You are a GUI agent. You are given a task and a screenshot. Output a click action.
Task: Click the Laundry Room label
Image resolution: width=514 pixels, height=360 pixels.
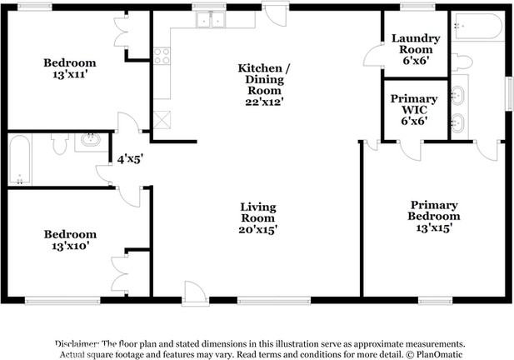coord(416,44)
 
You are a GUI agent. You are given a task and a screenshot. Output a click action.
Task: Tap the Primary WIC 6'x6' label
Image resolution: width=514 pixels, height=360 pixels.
coord(414,110)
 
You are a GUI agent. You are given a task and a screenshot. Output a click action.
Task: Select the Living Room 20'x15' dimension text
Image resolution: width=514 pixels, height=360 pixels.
coord(258,230)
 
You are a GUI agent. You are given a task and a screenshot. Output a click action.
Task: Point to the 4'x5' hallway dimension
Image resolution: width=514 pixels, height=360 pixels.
coord(130,159)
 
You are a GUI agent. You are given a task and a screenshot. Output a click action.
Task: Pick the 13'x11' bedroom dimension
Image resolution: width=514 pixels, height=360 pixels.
coord(69,74)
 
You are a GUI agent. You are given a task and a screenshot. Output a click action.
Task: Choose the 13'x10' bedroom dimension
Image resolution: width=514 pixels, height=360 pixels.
coord(70,246)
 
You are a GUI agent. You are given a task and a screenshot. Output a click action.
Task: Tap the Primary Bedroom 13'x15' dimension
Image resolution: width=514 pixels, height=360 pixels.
coord(434,227)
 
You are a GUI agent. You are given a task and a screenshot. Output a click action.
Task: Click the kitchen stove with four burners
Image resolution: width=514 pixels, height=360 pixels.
coord(162,55)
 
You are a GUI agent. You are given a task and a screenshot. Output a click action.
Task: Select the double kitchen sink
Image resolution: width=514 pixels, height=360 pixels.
coord(210,19)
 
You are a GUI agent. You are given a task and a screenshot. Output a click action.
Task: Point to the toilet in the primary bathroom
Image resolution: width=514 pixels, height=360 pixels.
coord(462,62)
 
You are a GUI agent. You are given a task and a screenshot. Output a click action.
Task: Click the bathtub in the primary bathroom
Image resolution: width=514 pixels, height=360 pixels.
coord(477,26)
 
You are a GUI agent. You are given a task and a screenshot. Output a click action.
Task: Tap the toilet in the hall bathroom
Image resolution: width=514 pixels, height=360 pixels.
coord(60,143)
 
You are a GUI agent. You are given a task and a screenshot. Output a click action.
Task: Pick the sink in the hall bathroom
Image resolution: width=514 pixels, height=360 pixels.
coord(91,140)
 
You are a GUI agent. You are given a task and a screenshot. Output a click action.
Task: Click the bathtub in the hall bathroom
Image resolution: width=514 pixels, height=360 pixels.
coord(20,160)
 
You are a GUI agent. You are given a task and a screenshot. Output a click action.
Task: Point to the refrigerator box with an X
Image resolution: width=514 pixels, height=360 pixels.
coord(162,119)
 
